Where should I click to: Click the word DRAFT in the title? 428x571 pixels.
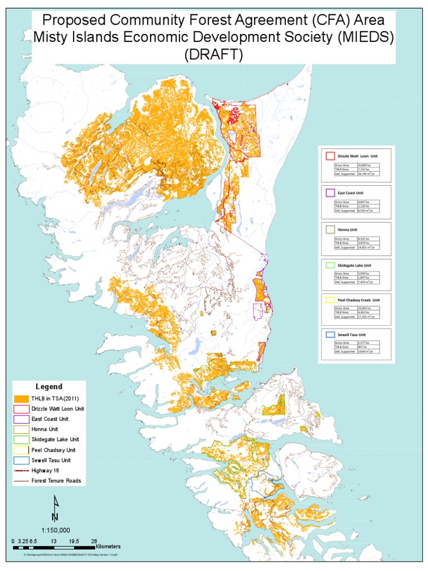coord(215,55)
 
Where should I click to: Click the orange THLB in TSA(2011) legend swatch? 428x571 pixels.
coord(21,399)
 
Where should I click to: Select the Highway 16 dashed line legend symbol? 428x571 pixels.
coord(21,470)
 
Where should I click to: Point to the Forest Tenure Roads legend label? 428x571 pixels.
coord(56,480)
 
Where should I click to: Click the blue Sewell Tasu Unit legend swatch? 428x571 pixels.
coord(21,460)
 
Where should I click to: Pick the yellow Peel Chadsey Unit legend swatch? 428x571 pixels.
coord(21,449)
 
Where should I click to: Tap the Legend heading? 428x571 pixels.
coord(49,386)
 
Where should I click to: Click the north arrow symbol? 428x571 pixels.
coord(55,507)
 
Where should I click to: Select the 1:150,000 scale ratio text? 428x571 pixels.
coord(56,530)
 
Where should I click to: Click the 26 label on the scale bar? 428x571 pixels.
coord(94,541)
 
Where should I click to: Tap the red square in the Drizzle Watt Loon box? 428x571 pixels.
coord(329,156)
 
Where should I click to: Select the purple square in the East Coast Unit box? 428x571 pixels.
coord(329,192)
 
